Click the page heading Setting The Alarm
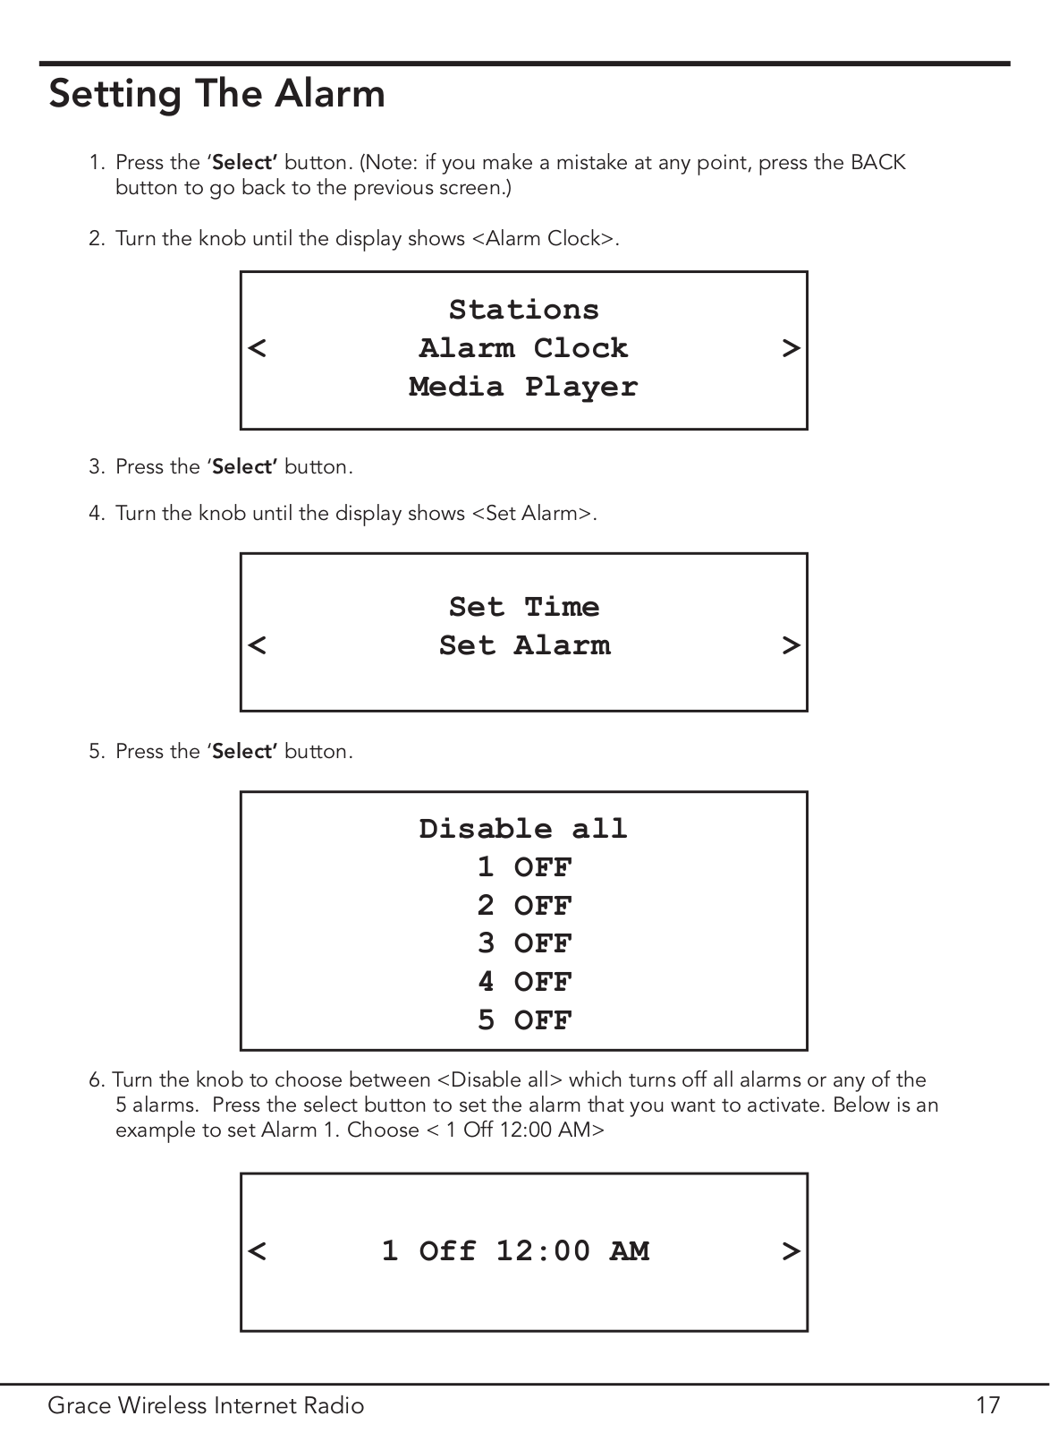217,95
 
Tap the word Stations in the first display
524,311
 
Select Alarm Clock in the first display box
524,349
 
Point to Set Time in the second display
524,607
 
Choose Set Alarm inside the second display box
524,645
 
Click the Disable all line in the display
524,829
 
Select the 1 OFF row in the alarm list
524,867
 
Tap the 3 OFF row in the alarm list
524,943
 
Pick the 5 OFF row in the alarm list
524,1019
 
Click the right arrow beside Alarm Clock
792,349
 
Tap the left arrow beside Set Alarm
257,645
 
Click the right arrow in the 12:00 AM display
792,1251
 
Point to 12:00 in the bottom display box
543,1251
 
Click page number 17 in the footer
987,1405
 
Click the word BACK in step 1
877,163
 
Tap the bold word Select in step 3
243,467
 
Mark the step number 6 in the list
96,1079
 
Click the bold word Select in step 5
243,751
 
